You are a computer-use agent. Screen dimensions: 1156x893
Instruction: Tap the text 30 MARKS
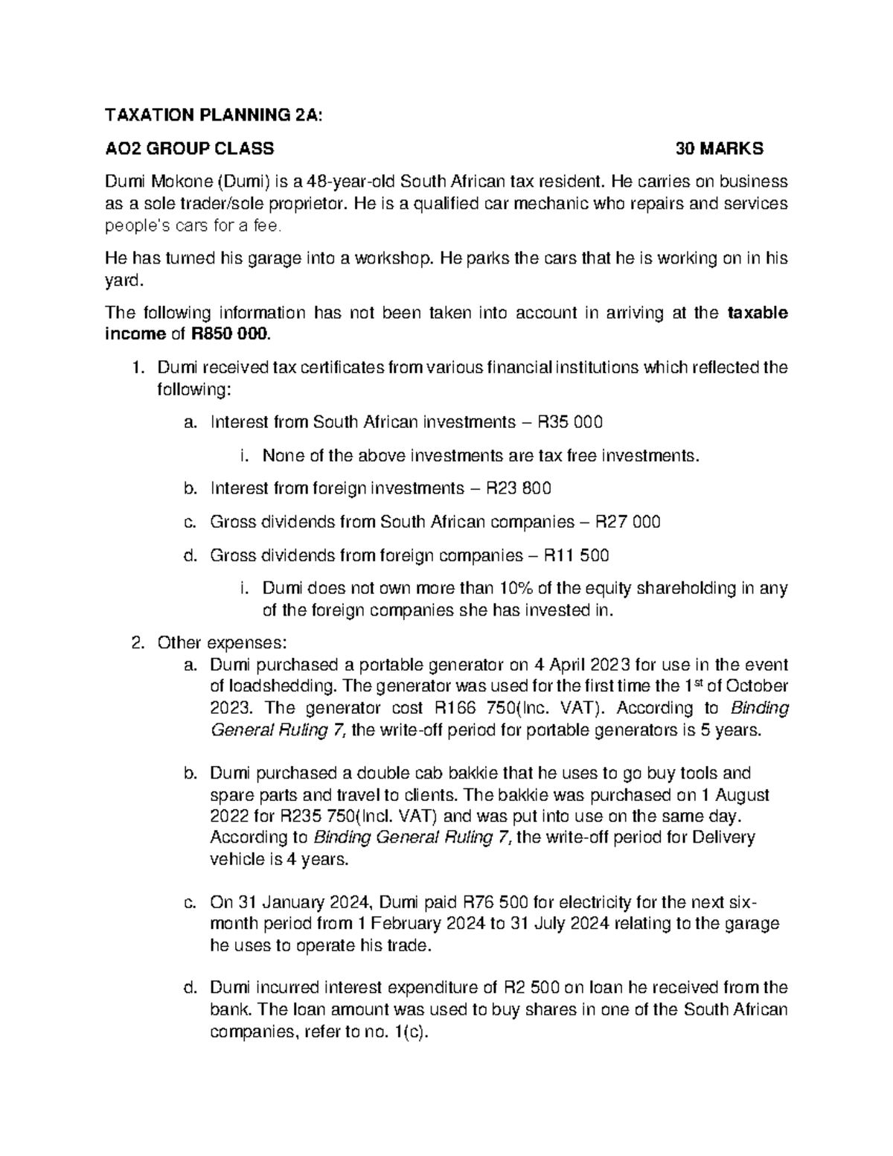pyautogui.click(x=719, y=148)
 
